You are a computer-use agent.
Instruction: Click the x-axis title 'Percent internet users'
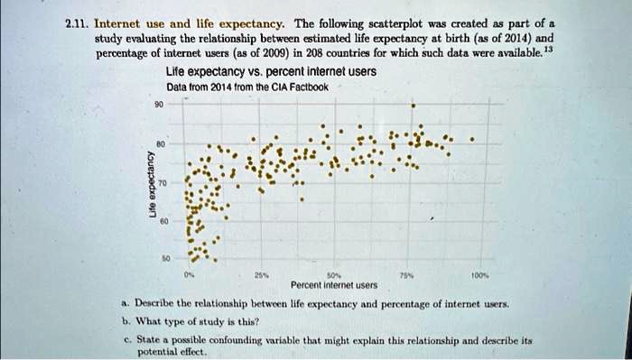(334, 285)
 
